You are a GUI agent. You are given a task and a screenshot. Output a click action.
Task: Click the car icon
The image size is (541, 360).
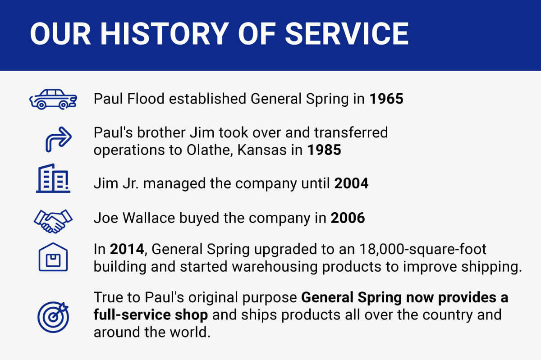pyautogui.click(x=53, y=99)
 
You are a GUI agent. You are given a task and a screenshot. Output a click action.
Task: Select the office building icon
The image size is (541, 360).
pyautogui.click(x=53, y=178)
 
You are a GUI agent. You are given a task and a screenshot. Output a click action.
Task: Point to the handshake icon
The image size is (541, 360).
pyautogui.click(x=53, y=221)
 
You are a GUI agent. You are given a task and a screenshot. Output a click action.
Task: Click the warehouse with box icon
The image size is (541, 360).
pyautogui.click(x=53, y=257)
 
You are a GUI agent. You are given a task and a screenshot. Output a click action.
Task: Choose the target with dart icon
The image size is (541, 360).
pyautogui.click(x=53, y=317)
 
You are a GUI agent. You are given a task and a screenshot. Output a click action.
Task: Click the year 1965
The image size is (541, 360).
pyautogui.click(x=386, y=99)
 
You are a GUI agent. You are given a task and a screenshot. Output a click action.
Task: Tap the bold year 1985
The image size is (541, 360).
pyautogui.click(x=324, y=150)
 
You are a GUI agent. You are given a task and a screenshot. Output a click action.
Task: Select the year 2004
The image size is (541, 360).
pyautogui.click(x=351, y=183)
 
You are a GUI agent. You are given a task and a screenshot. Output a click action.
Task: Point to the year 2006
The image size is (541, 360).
pyautogui.click(x=348, y=218)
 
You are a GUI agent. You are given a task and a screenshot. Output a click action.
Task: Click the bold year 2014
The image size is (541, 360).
pyautogui.click(x=127, y=249)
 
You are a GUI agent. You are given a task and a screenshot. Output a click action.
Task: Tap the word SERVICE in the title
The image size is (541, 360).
pyautogui.click(x=347, y=33)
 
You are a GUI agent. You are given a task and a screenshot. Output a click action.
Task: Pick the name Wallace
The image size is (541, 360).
pyautogui.click(x=149, y=218)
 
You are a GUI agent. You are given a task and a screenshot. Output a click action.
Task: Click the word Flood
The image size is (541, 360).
pyautogui.click(x=146, y=99)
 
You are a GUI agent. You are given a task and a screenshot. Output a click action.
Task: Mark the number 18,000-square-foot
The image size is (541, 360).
pyautogui.click(x=423, y=250)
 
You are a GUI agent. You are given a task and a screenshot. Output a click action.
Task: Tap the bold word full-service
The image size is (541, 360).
pyautogui.click(x=133, y=315)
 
